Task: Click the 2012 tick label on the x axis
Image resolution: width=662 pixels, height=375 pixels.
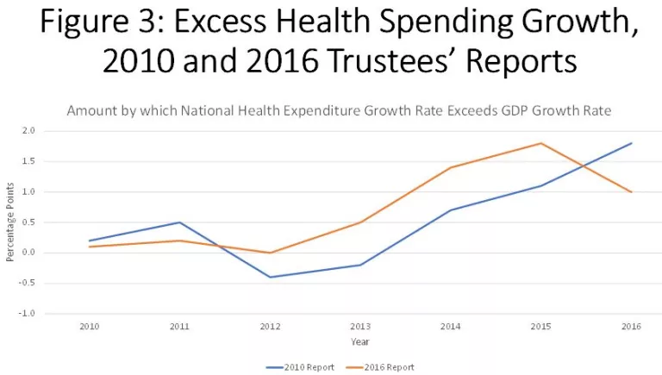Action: point(270,328)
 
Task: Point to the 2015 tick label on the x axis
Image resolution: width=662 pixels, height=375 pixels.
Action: point(541,328)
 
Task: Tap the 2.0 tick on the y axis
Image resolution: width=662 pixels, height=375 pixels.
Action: point(28,131)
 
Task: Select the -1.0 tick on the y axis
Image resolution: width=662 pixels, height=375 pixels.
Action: point(27,314)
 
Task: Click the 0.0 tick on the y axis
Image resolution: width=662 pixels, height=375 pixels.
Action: point(28,253)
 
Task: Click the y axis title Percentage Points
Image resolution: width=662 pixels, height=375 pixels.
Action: point(9,222)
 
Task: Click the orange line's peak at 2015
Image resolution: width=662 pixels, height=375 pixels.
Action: point(541,143)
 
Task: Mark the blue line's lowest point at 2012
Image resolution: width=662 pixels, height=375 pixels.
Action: point(270,277)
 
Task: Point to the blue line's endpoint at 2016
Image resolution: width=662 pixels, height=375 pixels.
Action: point(632,143)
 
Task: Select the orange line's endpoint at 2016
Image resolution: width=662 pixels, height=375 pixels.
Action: point(632,191)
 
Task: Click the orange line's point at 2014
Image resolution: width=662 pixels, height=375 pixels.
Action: point(451,167)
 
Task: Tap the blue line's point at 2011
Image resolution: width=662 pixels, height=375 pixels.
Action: point(179,222)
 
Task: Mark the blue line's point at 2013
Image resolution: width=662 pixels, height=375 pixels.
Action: point(360,265)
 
